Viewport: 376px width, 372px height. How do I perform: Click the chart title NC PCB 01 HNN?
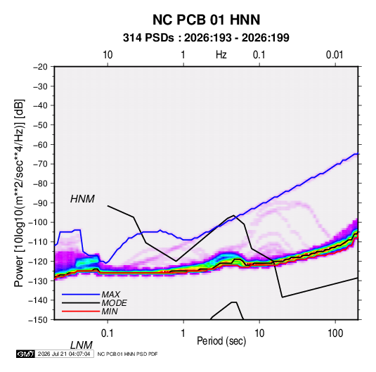point(206,20)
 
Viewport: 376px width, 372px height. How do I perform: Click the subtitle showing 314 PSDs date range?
point(206,38)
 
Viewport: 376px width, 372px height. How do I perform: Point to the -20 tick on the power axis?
point(40,67)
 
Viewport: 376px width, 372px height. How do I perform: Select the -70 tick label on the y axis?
point(40,164)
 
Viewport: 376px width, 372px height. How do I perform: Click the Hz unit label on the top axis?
point(221,55)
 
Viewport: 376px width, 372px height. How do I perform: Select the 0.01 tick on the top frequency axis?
point(335,55)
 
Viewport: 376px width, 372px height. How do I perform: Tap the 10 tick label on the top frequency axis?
point(108,55)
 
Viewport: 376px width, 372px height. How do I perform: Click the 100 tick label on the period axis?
point(335,333)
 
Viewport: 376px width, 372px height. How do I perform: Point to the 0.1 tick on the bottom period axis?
point(108,333)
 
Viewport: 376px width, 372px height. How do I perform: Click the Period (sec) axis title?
point(221,341)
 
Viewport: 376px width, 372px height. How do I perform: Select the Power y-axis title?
point(19,193)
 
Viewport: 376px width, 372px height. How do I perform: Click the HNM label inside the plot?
point(82,199)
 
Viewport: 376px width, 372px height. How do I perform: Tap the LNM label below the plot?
point(82,345)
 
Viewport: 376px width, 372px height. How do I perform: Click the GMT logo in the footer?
point(25,354)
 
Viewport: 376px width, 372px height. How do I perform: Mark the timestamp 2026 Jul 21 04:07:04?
point(64,354)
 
